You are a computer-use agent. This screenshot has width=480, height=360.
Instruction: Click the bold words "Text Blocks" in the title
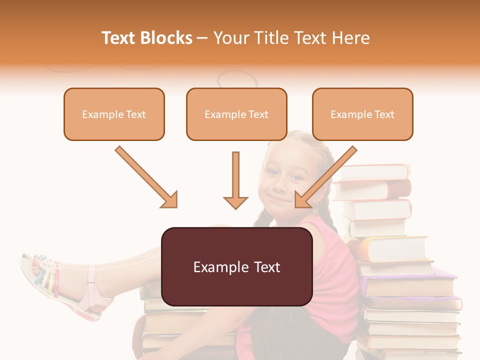(147, 38)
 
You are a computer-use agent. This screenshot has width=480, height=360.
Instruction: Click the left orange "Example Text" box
(114, 114)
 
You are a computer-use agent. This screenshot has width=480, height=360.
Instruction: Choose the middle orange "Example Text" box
(236, 114)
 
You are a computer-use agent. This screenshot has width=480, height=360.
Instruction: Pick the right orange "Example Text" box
(362, 114)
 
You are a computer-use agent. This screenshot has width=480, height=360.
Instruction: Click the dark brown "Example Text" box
(236, 266)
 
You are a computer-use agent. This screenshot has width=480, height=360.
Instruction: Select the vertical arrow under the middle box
(235, 180)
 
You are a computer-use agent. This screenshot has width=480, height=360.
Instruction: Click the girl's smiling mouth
(279, 200)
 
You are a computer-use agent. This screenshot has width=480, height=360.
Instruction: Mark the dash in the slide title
(202, 38)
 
